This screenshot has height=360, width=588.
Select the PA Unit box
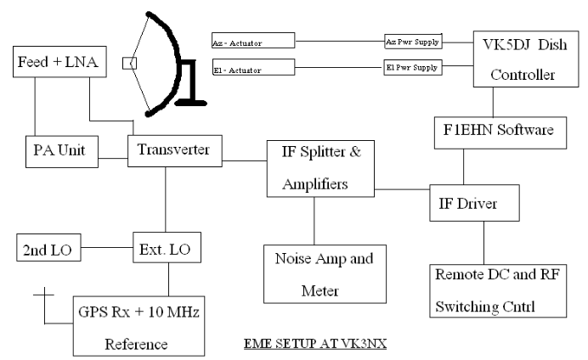coord(62,150)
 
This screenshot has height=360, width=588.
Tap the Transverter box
coord(174,150)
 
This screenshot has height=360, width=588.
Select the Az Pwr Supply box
coord(412,40)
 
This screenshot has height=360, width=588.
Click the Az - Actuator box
coord(252,40)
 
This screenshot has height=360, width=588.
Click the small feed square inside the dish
coord(128,62)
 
